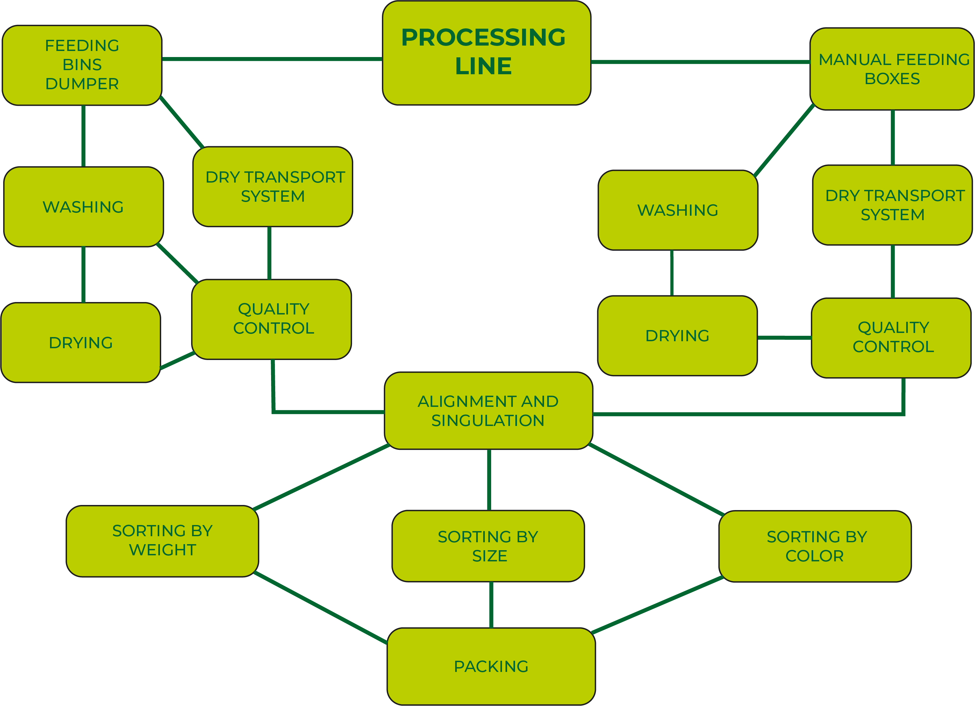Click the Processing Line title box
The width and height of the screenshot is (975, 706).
click(x=486, y=53)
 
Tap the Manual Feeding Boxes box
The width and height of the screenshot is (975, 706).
click(x=892, y=69)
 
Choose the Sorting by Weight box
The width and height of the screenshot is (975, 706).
click(x=162, y=540)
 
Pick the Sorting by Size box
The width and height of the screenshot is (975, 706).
click(x=488, y=546)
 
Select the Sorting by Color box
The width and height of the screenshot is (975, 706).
click(x=815, y=546)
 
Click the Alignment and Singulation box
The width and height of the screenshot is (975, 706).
click(x=488, y=411)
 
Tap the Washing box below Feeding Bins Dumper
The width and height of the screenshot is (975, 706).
click(x=83, y=207)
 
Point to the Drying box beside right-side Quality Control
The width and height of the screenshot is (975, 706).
click(x=677, y=335)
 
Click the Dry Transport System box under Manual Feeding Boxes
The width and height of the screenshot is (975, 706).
click(x=893, y=205)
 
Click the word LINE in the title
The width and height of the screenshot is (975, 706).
click(x=483, y=66)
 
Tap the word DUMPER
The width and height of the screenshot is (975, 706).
click(x=82, y=84)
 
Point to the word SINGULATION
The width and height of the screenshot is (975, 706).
click(x=488, y=421)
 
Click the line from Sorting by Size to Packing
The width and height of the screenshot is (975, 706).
click(x=491, y=605)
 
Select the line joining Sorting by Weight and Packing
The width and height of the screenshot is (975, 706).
click(x=320, y=608)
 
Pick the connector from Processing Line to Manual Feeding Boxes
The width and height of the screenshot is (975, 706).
click(x=701, y=62)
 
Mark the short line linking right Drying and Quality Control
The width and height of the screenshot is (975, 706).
click(x=785, y=337)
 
